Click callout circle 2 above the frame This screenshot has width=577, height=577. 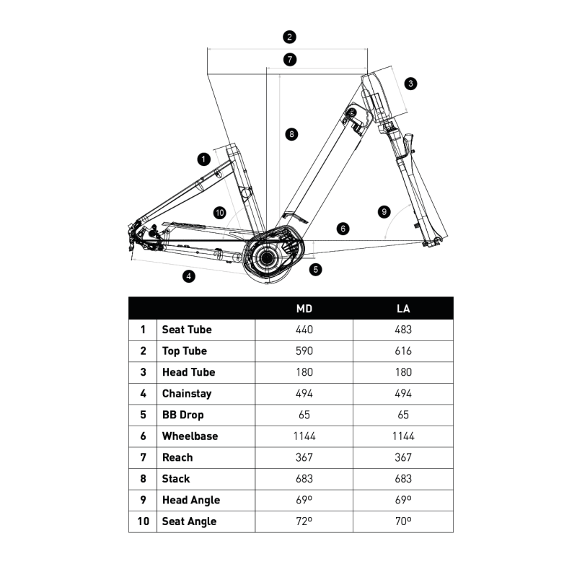tap(289, 37)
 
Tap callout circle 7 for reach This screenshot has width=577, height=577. tap(289, 60)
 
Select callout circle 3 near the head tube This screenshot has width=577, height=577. tap(410, 84)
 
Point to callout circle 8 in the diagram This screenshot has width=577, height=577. tap(291, 133)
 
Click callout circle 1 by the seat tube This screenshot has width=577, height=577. tap(203, 158)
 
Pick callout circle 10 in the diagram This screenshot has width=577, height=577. tap(220, 212)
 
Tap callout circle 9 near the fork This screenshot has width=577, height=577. tap(384, 212)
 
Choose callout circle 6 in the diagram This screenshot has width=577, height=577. tap(343, 228)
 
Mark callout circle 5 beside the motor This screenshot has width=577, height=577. tap(316, 269)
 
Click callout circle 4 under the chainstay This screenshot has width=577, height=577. tap(188, 276)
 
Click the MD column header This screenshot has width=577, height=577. tap(304, 309)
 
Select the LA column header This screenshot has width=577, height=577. tap(404, 309)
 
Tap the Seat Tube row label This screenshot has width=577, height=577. tap(187, 330)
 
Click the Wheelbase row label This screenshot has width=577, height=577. tap(190, 436)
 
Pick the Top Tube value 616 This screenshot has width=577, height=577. tap(404, 351)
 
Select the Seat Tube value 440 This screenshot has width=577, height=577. tap(304, 330)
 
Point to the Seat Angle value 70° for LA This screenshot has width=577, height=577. tap(404, 521)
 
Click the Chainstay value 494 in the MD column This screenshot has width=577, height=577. tap(304, 394)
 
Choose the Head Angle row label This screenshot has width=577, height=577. tap(190, 500)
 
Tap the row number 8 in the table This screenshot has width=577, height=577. tap(143, 479)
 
